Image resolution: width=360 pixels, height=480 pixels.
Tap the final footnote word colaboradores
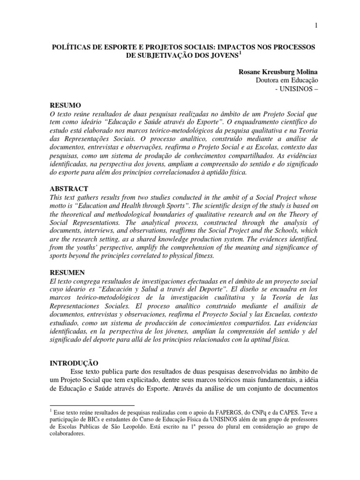click(67, 435)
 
